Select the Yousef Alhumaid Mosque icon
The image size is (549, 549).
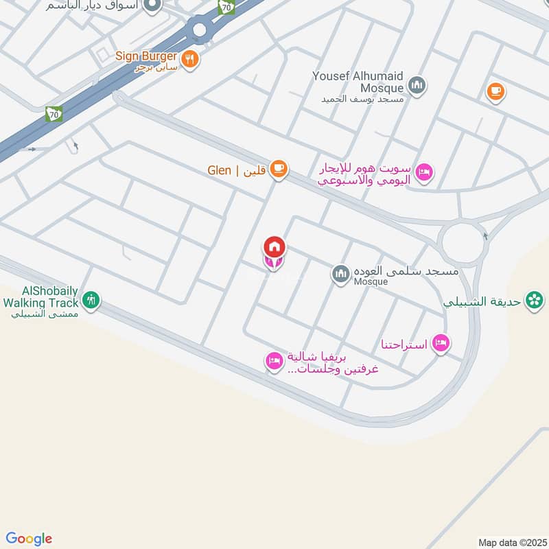tap(416, 86)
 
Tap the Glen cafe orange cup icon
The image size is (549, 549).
tap(278, 170)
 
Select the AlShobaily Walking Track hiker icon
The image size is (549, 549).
tap(91, 300)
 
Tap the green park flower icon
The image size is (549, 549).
tap(534, 300)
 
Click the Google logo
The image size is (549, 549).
tap(29, 539)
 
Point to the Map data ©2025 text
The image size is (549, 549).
tap(511, 542)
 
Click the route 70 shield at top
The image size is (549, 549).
tap(226, 7)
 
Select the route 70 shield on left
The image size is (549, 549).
tap(53, 115)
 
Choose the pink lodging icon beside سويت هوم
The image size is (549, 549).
tap(424, 172)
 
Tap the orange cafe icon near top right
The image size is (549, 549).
tap(495, 91)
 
